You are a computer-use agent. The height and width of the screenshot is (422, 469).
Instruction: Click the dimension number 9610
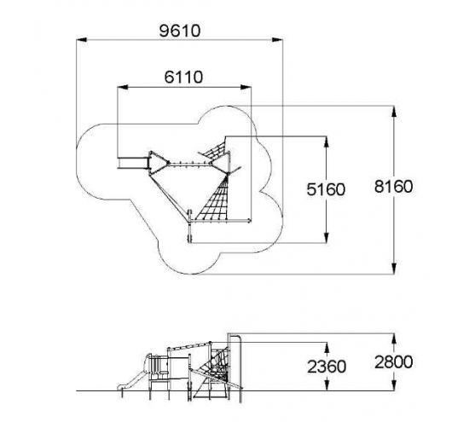(x=179, y=31)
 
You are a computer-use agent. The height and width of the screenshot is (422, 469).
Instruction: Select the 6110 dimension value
(x=183, y=77)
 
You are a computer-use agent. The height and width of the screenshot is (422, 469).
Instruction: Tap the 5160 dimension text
(x=326, y=189)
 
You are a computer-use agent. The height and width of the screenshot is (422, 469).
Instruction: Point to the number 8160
(x=393, y=187)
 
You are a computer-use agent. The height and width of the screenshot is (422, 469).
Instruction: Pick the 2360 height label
(x=327, y=367)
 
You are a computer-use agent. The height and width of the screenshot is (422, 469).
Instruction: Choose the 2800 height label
(x=393, y=361)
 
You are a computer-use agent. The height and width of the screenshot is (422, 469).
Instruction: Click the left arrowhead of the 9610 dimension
(x=82, y=39)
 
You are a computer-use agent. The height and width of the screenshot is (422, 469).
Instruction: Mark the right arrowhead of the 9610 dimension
(x=277, y=39)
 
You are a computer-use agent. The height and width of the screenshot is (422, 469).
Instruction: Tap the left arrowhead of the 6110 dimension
(x=123, y=87)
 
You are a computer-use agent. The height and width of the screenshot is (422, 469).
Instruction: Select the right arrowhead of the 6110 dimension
(x=246, y=87)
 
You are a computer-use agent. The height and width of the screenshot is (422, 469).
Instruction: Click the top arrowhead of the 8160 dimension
(x=394, y=112)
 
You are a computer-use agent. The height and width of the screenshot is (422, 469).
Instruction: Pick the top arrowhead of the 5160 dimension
(x=327, y=142)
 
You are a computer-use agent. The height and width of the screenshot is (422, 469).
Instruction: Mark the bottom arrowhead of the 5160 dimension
(x=327, y=238)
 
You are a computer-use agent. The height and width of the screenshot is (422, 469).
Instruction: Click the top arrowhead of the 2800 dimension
(x=394, y=338)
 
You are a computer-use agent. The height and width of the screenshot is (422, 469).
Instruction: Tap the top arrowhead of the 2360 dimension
(x=327, y=348)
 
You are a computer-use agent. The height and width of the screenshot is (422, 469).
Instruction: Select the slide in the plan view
(x=133, y=163)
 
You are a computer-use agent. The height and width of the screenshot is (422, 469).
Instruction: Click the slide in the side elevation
(x=131, y=378)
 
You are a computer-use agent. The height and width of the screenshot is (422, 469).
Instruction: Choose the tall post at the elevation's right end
(x=240, y=369)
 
